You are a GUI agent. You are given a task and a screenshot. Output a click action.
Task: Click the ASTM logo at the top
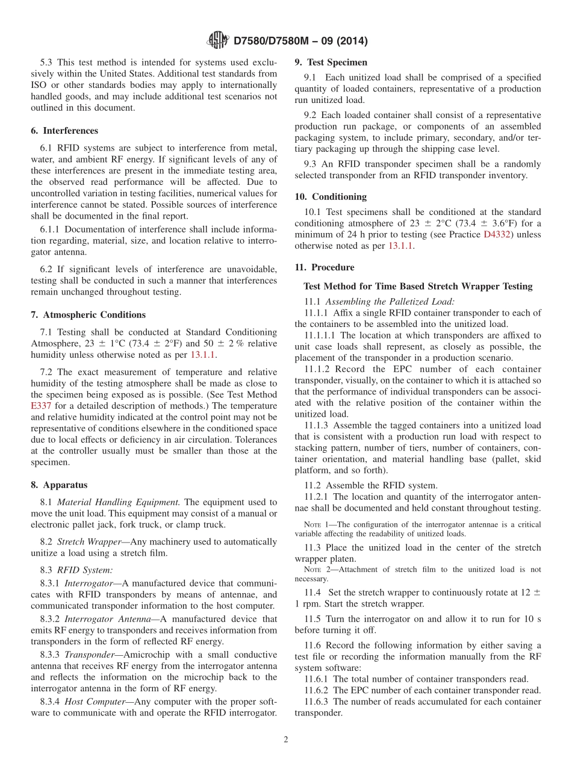(x=217, y=41)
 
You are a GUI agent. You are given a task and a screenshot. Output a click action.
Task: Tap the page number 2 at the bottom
(x=286, y=740)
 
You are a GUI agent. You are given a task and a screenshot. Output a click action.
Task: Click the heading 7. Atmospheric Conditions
(x=88, y=315)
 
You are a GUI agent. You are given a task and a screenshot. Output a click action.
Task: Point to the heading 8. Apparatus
(x=59, y=485)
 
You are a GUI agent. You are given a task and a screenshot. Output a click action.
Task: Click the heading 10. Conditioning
(x=331, y=197)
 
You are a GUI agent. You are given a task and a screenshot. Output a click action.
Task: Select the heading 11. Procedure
(x=325, y=267)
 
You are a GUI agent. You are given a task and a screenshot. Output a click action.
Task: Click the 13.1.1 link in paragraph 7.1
(x=203, y=355)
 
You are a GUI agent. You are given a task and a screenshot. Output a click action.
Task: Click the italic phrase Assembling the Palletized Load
(x=390, y=301)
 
